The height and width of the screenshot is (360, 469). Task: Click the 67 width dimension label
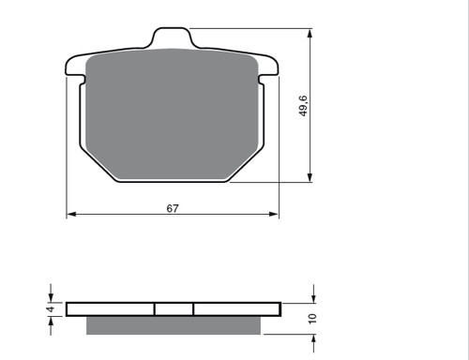pos(173,208)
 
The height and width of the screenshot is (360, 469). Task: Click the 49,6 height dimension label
pos(303,106)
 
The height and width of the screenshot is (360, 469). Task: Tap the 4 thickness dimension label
pos(51,309)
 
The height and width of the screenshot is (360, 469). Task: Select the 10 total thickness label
pos(312,319)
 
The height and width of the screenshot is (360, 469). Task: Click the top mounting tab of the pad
pos(172,38)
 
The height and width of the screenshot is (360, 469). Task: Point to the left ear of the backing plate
pos(75,67)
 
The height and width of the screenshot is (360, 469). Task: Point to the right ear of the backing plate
pos(268,67)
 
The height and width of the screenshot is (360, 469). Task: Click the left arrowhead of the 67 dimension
pos(71,214)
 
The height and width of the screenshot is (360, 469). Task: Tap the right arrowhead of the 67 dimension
pos(274,214)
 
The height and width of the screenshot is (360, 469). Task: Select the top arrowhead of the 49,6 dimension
pos(310,34)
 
